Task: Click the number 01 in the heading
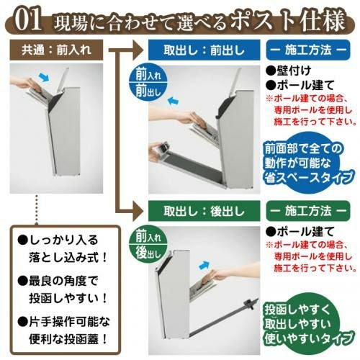click(28, 20)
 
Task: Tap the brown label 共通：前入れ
click(56, 50)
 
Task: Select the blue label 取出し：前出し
click(204, 50)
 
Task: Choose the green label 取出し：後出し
click(204, 211)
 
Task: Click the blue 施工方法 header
click(308, 50)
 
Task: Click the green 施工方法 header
click(308, 211)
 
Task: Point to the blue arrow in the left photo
click(44, 77)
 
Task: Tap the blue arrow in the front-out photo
click(173, 100)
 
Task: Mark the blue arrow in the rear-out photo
click(204, 266)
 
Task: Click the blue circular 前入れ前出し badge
click(148, 82)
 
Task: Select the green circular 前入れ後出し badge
click(148, 244)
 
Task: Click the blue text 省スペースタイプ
click(309, 178)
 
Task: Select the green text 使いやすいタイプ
click(309, 338)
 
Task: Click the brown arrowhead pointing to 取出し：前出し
click(138, 50)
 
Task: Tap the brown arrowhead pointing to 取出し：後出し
click(138, 211)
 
